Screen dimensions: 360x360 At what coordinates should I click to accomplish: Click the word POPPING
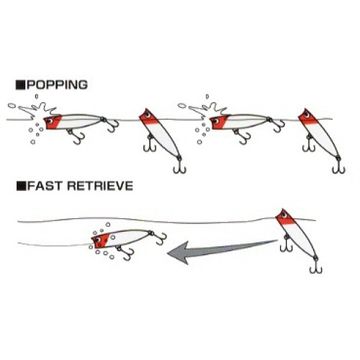click(58, 85)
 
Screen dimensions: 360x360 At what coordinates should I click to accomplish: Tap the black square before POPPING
click(21, 86)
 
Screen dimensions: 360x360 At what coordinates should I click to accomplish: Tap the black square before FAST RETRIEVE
click(22, 186)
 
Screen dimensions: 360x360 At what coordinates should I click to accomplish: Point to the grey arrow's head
click(179, 253)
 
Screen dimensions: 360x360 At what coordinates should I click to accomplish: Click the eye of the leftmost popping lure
click(50, 121)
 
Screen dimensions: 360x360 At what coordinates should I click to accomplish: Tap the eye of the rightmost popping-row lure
click(307, 114)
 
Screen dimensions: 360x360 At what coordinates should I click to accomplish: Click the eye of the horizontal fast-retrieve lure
click(98, 240)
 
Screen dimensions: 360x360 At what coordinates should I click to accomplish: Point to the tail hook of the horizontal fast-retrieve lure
click(160, 238)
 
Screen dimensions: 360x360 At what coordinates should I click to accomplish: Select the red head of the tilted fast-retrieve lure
click(285, 217)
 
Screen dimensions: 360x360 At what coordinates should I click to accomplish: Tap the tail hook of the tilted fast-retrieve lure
click(315, 267)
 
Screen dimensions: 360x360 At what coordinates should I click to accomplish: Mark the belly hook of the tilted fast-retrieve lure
click(287, 245)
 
